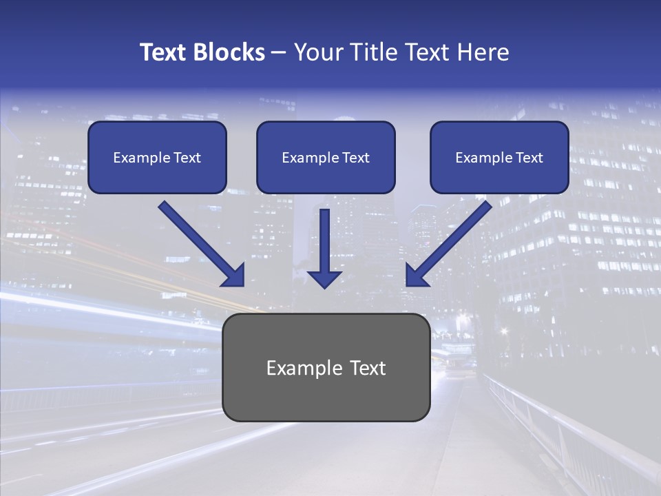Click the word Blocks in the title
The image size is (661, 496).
click(x=229, y=52)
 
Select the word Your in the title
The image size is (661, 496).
click(x=319, y=52)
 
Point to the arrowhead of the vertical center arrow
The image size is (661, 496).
click(x=324, y=278)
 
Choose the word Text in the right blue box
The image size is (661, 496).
click(x=529, y=158)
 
